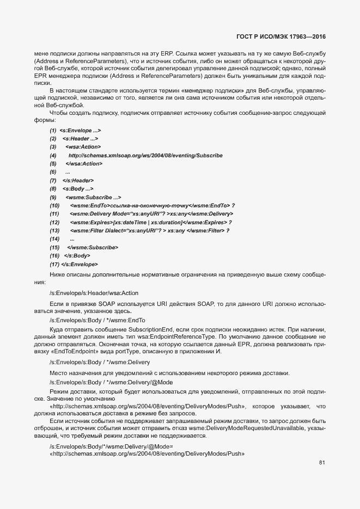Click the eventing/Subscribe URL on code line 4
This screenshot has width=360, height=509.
click(145, 156)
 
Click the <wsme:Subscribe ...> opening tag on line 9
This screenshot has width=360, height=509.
click(93, 197)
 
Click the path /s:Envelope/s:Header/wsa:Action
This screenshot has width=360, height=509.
click(94, 293)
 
